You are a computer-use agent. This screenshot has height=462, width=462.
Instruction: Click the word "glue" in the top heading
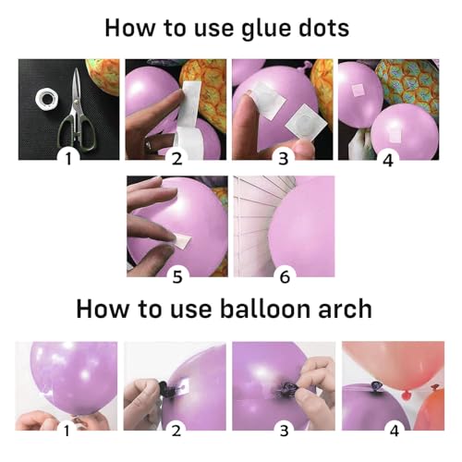point(265,30)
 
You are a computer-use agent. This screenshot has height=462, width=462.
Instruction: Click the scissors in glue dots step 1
point(78,111)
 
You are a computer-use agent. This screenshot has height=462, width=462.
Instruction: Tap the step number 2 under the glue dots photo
point(176,159)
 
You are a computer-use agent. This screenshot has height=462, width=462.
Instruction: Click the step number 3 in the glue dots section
point(284,159)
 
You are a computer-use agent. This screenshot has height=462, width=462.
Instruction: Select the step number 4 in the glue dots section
point(388,161)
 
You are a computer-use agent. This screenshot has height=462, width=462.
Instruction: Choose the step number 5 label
point(177,277)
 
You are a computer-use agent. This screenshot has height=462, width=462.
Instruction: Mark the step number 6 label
point(285,277)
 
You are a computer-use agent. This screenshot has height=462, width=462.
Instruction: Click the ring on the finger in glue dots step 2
point(149,144)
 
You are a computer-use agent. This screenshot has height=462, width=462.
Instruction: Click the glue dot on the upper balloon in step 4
point(358,91)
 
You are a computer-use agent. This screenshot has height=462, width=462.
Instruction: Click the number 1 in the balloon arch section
point(67,431)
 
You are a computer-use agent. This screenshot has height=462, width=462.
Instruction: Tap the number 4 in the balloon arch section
point(395,431)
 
